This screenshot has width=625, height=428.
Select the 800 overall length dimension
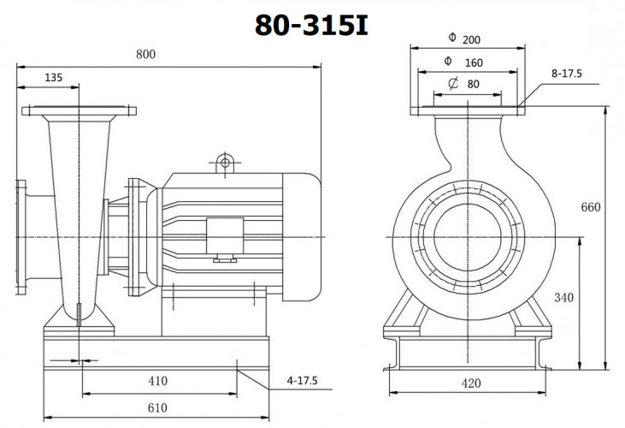tap(146, 55)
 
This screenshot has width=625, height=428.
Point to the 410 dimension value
tap(157, 380)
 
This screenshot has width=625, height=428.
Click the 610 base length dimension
tap(157, 408)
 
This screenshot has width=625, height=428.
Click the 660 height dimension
tap(591, 207)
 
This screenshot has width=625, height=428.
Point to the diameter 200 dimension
tap(467, 39)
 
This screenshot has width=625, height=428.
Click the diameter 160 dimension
tap(467, 62)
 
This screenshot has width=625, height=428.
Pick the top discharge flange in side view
tap(78, 111)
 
